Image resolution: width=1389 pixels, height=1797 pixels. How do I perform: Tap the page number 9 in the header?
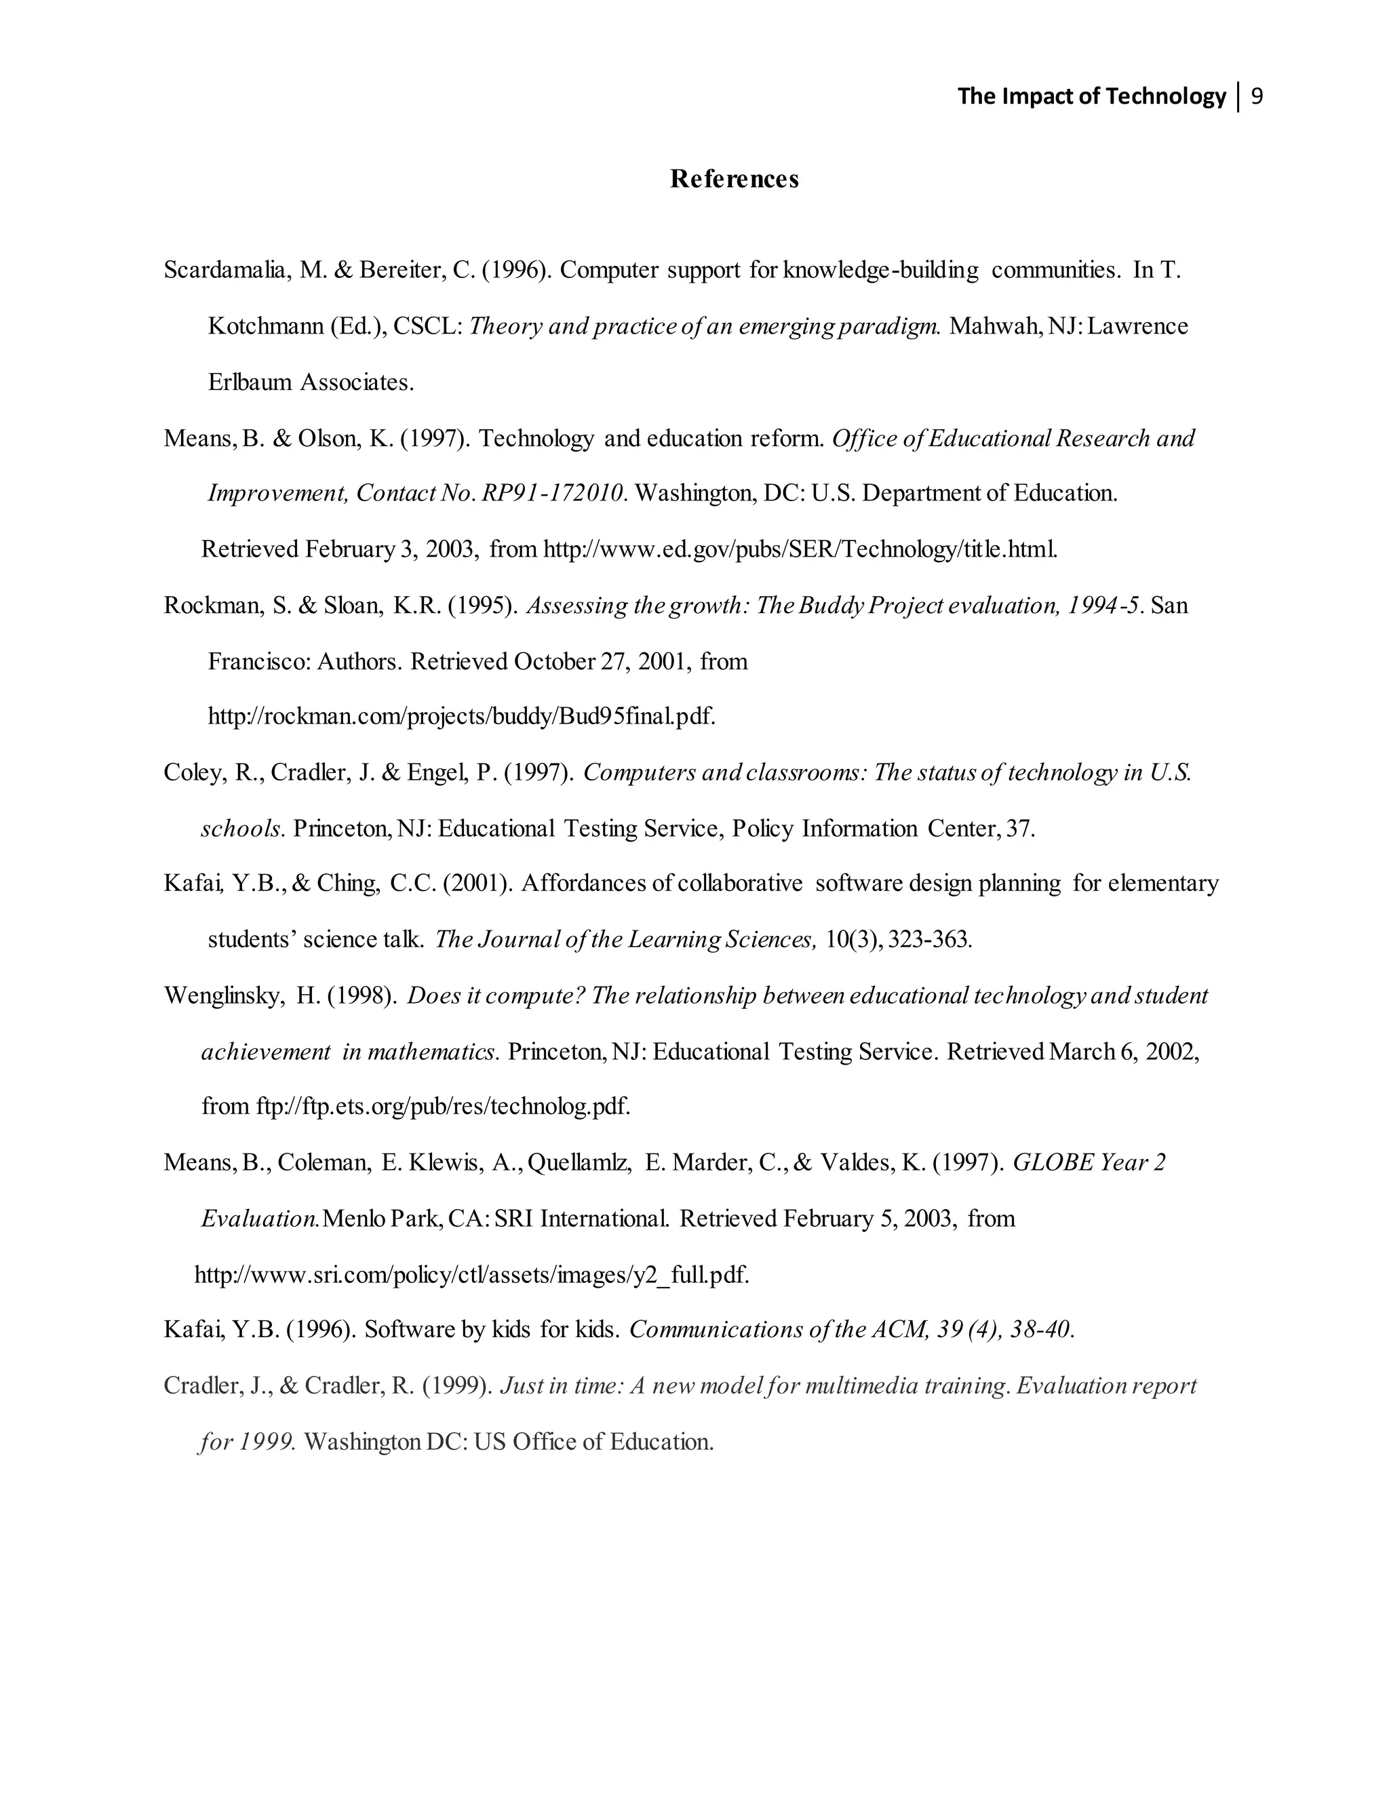1257,97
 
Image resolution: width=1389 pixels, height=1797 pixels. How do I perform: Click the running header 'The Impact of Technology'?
1091,97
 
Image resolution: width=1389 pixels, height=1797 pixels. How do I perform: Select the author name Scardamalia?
224,270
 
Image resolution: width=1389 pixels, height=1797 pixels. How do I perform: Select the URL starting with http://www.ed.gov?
800,550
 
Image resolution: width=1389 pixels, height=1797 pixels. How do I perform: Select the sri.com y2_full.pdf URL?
471,1276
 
